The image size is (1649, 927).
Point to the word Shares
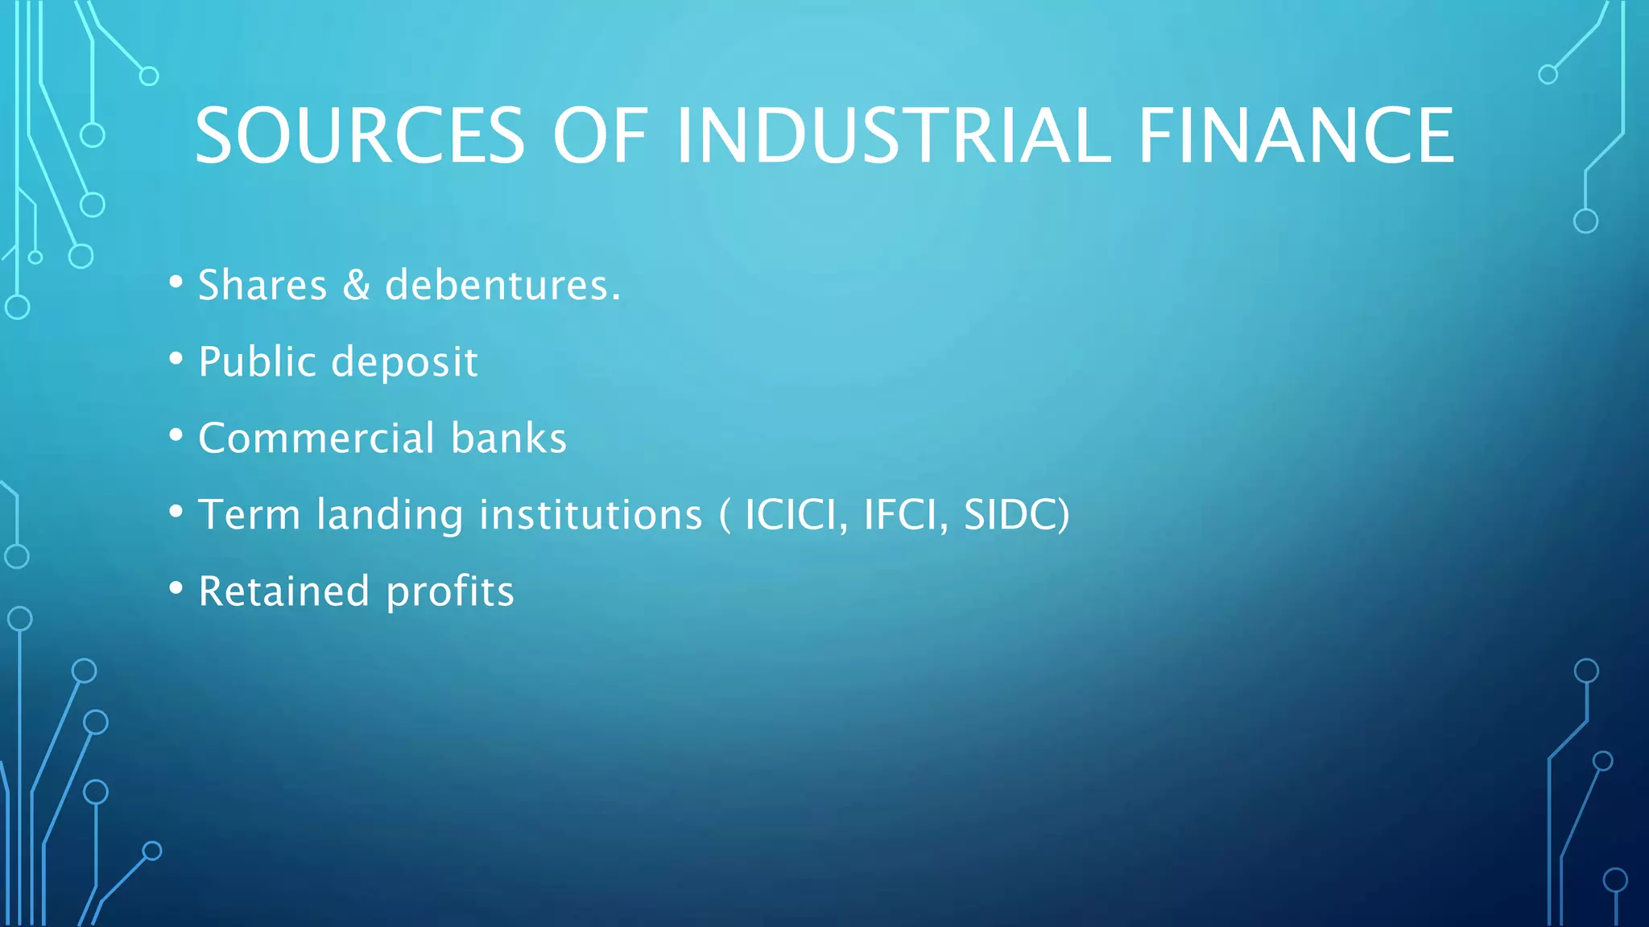pyautogui.click(x=262, y=285)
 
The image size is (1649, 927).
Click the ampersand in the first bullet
pyautogui.click(x=356, y=285)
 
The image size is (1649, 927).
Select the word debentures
pyautogui.click(x=502, y=285)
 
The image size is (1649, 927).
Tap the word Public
pyautogui.click(x=257, y=361)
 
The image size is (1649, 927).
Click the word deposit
pyautogui.click(x=405, y=363)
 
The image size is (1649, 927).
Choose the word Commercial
pyautogui.click(x=316, y=438)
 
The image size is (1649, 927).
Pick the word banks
pyautogui.click(x=509, y=438)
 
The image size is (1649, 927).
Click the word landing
pyautogui.click(x=390, y=516)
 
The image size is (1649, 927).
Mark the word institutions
pyautogui.click(x=590, y=514)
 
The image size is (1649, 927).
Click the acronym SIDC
pyautogui.click(x=1011, y=514)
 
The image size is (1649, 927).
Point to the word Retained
pyautogui.click(x=283, y=591)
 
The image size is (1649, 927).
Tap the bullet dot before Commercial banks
pyautogui.click(x=176, y=435)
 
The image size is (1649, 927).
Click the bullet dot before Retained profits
pyautogui.click(x=176, y=588)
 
